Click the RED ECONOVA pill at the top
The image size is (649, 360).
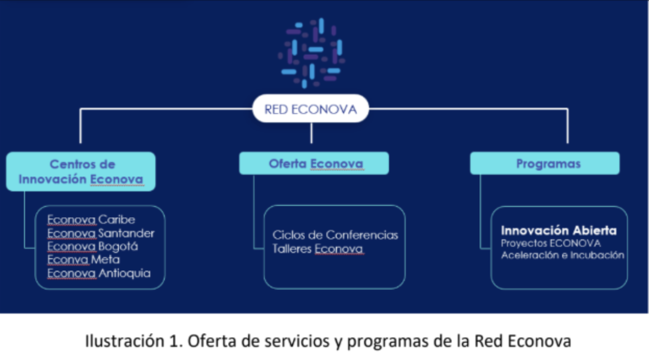(310, 109)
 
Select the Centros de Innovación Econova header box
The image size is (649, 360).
(81, 171)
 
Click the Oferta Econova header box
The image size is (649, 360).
(314, 164)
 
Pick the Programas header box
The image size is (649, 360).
(544, 164)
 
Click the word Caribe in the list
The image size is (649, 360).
(117, 220)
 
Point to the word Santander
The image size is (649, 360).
(126, 233)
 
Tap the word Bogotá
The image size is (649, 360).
(118, 246)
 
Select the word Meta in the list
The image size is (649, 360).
(106, 259)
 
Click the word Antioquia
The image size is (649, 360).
(124, 272)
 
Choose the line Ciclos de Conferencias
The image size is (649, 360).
(335, 235)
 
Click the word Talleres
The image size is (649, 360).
(292, 249)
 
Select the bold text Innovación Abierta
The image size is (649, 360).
(559, 230)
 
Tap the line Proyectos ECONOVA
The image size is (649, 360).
(551, 243)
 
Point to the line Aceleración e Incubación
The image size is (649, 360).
(563, 255)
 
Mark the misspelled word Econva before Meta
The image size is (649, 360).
(68, 259)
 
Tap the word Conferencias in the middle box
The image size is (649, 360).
(362, 235)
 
